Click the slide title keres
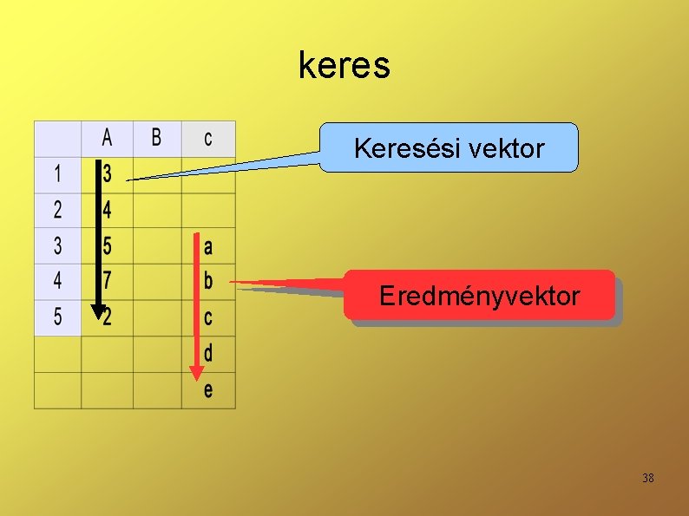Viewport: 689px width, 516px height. [344, 65]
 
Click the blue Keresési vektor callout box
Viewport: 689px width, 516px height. [449, 148]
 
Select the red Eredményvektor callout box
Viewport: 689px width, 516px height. [479, 296]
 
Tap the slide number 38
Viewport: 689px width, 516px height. [647, 478]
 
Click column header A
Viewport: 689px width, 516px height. [107, 138]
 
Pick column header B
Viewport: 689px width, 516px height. [156, 138]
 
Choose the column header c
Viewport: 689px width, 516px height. [208, 138]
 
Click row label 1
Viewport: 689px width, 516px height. [57, 173]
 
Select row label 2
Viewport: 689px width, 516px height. [57, 210]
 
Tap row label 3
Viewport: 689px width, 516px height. [57, 246]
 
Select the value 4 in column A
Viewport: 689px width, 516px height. [108, 210]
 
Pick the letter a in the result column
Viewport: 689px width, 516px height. [208, 247]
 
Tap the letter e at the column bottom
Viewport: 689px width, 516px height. [208, 390]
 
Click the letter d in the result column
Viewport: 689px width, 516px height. [208, 354]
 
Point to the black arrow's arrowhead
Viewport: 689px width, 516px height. [97, 312]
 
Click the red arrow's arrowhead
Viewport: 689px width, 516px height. [197, 374]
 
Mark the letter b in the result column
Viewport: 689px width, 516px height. [208, 282]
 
